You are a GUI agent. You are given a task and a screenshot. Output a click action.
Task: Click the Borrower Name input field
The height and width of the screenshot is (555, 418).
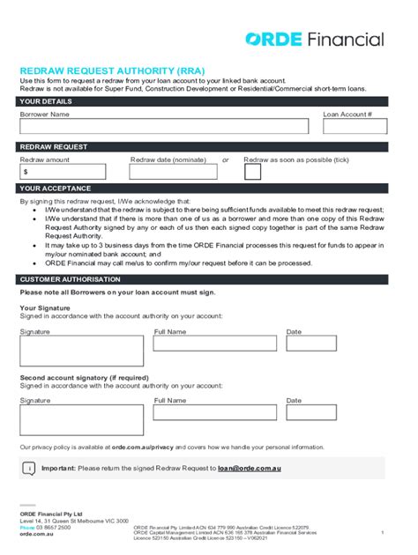(164, 126)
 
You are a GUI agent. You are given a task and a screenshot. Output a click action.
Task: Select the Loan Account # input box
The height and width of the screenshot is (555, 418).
(355, 126)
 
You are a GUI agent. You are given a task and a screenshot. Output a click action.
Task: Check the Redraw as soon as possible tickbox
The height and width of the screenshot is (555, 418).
(252, 172)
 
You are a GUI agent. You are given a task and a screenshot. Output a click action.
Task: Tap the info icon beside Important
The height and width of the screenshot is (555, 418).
(28, 469)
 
